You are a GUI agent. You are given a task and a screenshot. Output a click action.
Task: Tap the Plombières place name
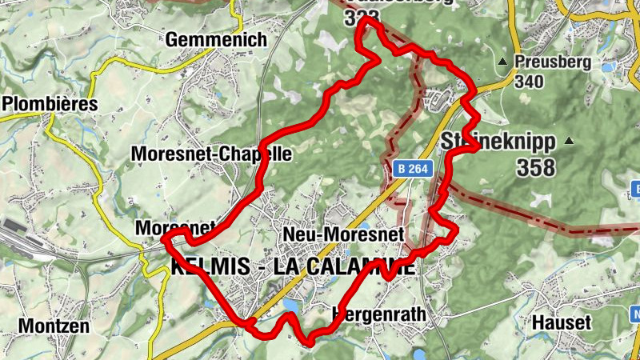[x=49, y=104]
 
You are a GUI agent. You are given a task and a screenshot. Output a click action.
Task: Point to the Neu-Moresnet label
[x=346, y=234]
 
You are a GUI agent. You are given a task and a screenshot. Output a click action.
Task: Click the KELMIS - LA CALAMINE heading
[x=293, y=267]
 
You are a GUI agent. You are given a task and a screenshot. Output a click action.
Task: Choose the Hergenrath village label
[x=378, y=314]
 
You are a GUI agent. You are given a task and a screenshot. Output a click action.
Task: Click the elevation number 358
[x=535, y=168]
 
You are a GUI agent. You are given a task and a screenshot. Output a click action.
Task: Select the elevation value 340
[x=530, y=82]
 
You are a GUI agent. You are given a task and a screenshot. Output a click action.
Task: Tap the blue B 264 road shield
[x=413, y=168]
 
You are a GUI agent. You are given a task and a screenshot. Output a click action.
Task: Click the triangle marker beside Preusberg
[x=502, y=62]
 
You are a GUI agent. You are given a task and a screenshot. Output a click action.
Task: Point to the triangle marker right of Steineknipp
[x=569, y=142]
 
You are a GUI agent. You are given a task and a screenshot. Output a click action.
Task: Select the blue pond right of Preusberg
[x=607, y=67]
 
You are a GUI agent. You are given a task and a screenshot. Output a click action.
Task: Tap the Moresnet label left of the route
[x=164, y=228]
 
